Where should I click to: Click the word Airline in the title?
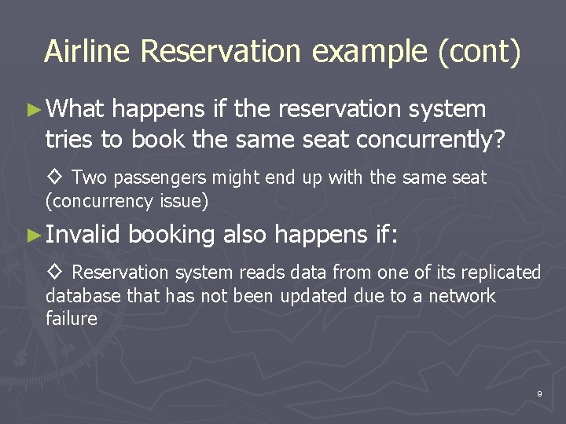(88, 51)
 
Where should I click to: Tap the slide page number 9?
(539, 393)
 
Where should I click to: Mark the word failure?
(71, 319)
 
